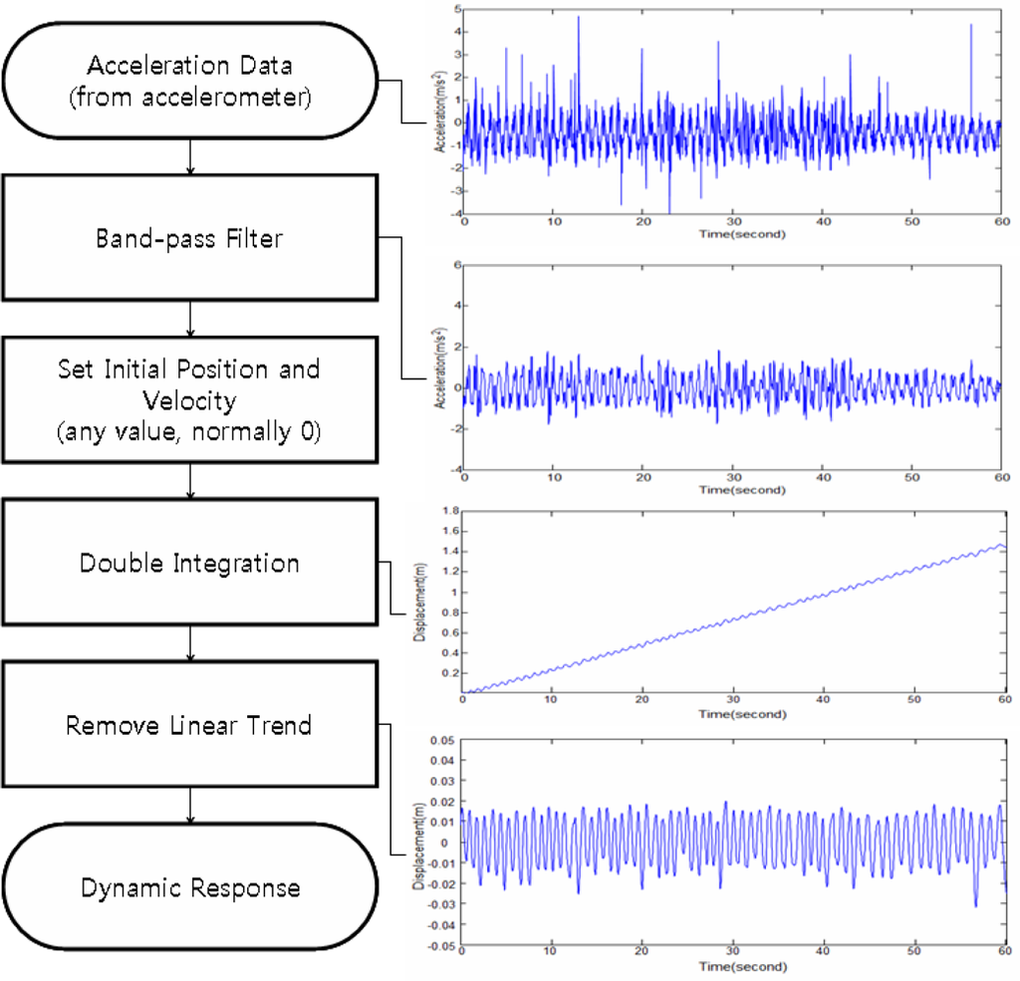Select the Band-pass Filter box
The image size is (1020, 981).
coord(189,238)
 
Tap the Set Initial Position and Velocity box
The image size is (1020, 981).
coord(189,399)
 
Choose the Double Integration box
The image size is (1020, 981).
coord(189,564)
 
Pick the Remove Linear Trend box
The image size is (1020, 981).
coord(189,725)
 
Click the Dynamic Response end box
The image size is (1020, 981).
coord(189,887)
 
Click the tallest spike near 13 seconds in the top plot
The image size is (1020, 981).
coord(578,17)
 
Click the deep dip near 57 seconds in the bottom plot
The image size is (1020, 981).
coord(975,905)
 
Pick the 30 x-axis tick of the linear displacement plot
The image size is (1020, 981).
coord(732,700)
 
